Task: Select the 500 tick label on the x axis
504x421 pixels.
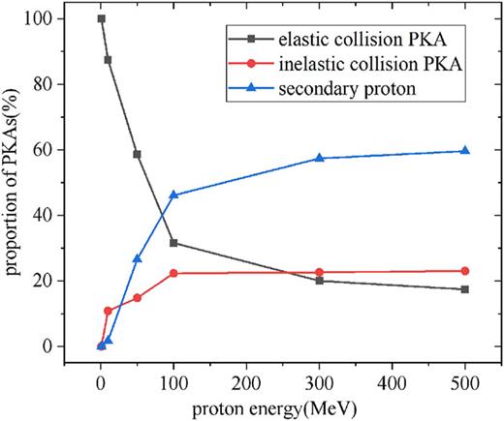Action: click(x=465, y=380)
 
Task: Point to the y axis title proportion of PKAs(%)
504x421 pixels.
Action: click(x=16, y=184)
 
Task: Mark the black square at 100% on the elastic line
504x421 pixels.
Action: click(x=101, y=19)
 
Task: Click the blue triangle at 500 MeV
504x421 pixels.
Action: click(x=465, y=151)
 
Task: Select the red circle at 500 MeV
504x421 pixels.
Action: click(x=465, y=271)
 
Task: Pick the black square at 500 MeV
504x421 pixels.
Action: click(x=465, y=289)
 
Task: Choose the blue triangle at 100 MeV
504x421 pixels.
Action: click(x=173, y=195)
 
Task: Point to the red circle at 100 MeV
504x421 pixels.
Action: click(x=173, y=273)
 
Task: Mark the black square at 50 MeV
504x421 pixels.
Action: click(x=138, y=154)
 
